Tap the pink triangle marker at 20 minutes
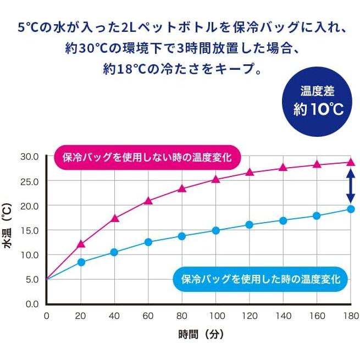tap(81, 244)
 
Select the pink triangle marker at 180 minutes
tap(351, 162)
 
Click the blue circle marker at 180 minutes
tap(351, 209)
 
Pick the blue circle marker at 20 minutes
tap(81, 262)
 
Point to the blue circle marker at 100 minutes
tap(215, 230)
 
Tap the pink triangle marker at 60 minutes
tap(148, 201)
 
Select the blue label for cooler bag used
tap(261, 279)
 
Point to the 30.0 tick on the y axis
tap(29, 156)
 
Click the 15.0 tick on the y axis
tap(29, 230)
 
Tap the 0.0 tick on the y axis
tap(31, 304)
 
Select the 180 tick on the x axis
tap(350, 316)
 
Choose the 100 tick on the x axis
tap(215, 316)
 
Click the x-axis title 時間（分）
tap(201, 334)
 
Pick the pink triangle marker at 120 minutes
tap(249, 172)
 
